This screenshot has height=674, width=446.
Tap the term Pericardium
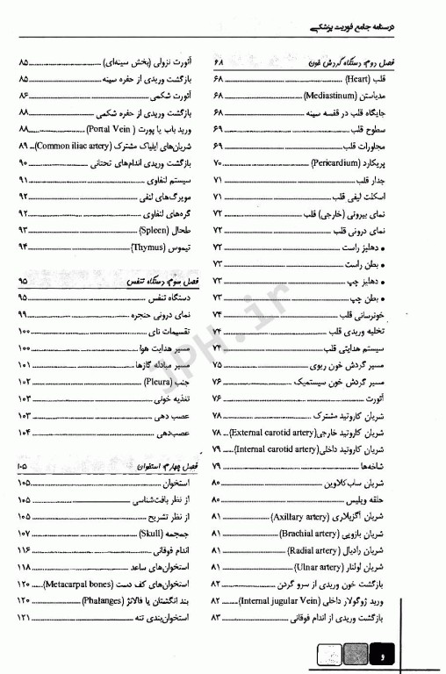pos(336,164)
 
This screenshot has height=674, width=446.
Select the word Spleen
pos(155,230)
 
